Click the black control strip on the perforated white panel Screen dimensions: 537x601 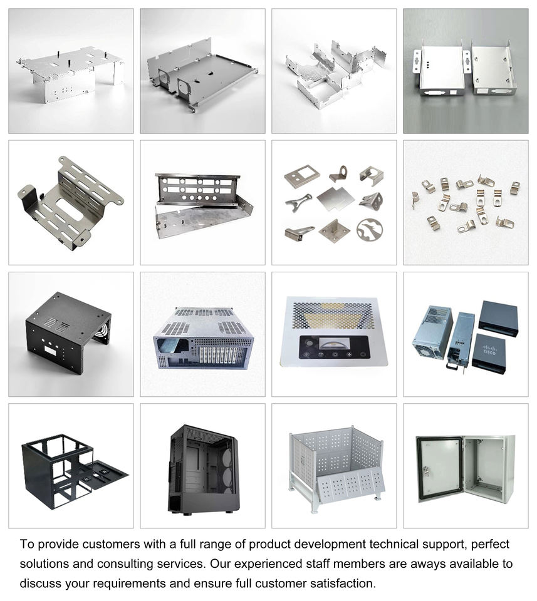pos(334,346)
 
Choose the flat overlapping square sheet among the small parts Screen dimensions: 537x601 pos(334,199)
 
